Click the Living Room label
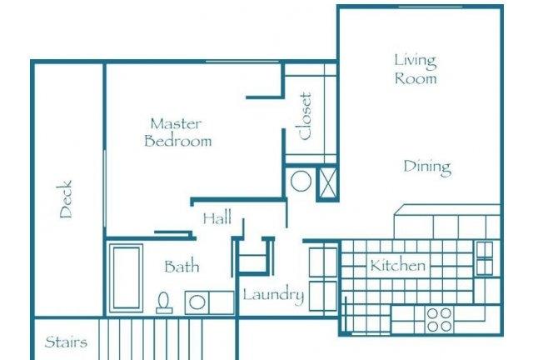pos(416,69)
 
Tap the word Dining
pos(427,167)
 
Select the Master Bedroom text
pos(177,132)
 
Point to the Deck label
pos(66,199)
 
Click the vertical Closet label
pos(305,117)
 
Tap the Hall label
pos(217,218)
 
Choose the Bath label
pos(182,267)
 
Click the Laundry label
pos(273,295)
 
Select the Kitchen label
pos(398,265)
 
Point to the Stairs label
pos(66,342)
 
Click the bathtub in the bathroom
pos(126,277)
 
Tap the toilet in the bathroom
pos(164,302)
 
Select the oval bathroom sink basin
pos(197,302)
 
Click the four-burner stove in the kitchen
pos(439,320)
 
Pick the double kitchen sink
pos(485,258)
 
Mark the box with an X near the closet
pos(327,183)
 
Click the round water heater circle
pos(301,182)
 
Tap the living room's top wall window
pos(431,7)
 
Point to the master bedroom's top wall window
pos(242,62)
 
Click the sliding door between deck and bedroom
pos(105,189)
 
